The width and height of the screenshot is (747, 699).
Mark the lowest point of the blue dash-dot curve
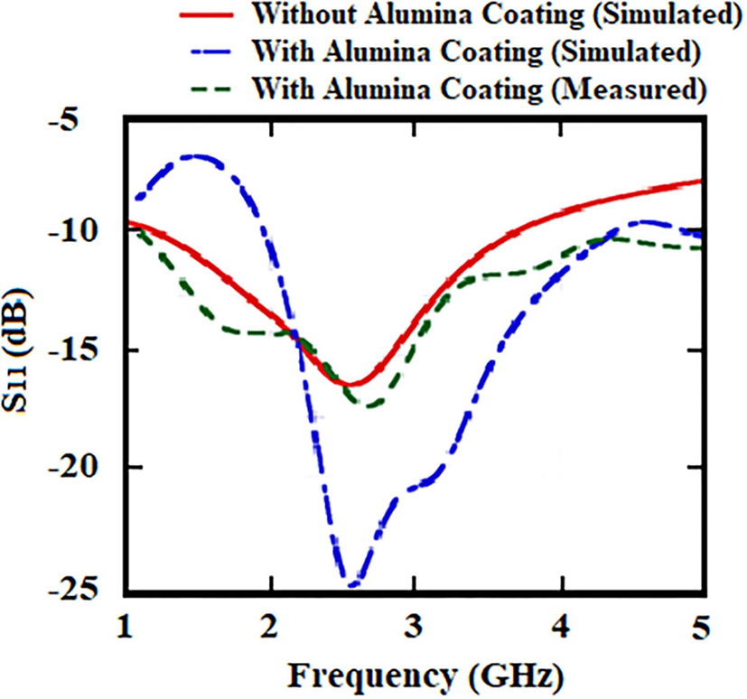tap(350, 584)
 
